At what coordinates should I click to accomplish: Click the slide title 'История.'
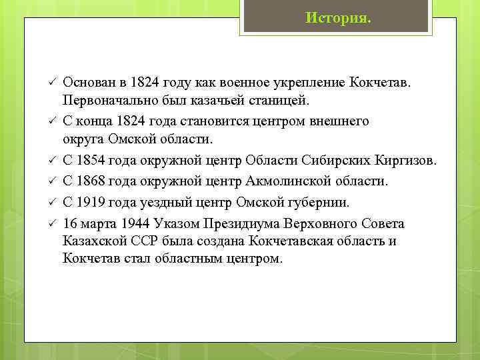tap(339, 17)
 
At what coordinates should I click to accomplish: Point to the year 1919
tap(90, 202)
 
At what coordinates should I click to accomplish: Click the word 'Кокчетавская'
tap(291, 241)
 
